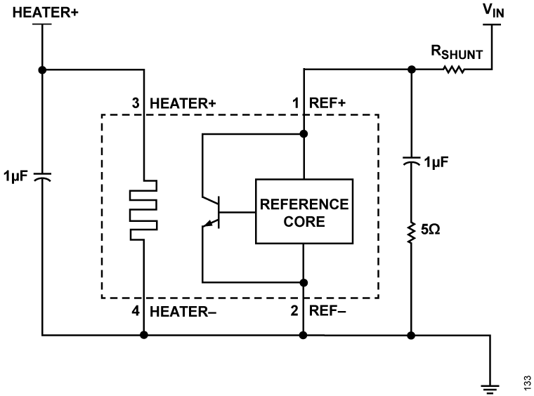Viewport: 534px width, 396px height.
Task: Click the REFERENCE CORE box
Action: (x=304, y=212)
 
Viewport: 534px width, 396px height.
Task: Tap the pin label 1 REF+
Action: (x=319, y=103)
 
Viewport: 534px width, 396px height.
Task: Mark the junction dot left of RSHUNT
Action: (x=411, y=69)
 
